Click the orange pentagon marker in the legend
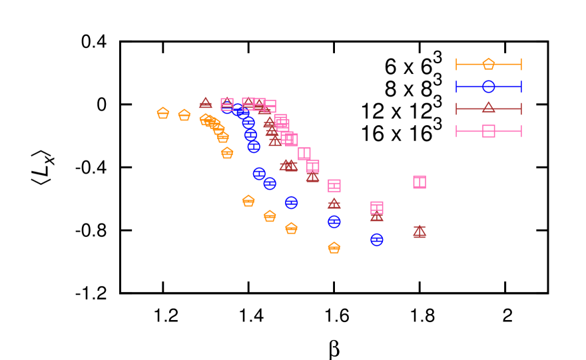point(488,64)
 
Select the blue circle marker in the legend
point(488,87)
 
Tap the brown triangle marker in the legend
point(488,108)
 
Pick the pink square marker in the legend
point(488,131)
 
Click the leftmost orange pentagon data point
point(162,113)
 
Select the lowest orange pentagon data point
point(334,248)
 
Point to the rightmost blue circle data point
point(376,240)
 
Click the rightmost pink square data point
point(419,182)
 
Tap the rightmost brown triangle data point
point(419,231)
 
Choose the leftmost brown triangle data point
point(205,103)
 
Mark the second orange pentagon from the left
point(184,115)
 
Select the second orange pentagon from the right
point(291,228)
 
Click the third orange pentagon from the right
point(270,216)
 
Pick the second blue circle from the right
point(334,222)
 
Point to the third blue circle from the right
point(291,202)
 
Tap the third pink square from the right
point(334,186)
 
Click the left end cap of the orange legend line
point(456,64)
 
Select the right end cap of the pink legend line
point(521,131)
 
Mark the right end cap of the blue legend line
point(521,87)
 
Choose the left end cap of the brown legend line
point(456,108)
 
